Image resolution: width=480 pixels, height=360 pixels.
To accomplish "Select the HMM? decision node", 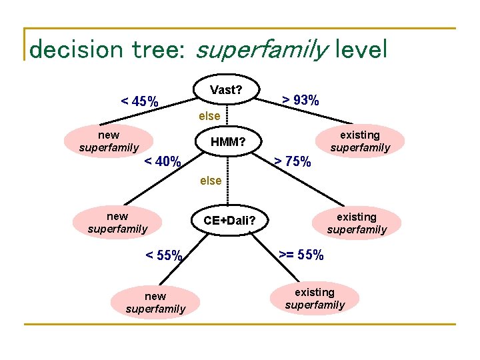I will pyautogui.click(x=228, y=142).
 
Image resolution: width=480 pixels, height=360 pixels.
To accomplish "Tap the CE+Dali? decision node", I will pyautogui.click(x=229, y=220).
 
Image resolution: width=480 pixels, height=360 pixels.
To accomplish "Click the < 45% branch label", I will pyautogui.click(x=139, y=102).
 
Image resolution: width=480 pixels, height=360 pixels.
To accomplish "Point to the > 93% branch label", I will pyautogui.click(x=300, y=101).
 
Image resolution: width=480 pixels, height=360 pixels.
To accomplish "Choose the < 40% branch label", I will pyautogui.click(x=163, y=161).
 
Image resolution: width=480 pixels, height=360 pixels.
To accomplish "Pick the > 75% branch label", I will pyautogui.click(x=293, y=161).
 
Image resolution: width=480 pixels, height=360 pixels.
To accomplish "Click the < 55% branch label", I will pyautogui.click(x=164, y=255).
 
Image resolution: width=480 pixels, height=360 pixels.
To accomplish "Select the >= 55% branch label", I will pyautogui.click(x=301, y=255).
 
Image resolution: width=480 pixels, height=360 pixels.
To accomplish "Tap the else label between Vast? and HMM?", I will pyautogui.click(x=209, y=117).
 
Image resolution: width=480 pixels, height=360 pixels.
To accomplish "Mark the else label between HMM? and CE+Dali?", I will pyautogui.click(x=211, y=181).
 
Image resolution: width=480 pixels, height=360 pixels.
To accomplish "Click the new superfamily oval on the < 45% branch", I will pyautogui.click(x=109, y=141).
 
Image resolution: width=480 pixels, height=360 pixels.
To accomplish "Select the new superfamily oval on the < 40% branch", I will pyautogui.click(x=117, y=223).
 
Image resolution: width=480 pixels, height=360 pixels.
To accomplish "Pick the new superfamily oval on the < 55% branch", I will pyautogui.click(x=155, y=302).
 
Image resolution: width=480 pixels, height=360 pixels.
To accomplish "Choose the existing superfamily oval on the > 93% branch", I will pyautogui.click(x=360, y=141).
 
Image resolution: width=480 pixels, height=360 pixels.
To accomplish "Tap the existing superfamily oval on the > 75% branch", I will pyautogui.click(x=357, y=223).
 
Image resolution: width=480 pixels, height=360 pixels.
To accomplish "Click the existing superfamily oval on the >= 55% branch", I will pyautogui.click(x=315, y=299).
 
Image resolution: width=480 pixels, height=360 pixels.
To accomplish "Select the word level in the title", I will pyautogui.click(x=362, y=49).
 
